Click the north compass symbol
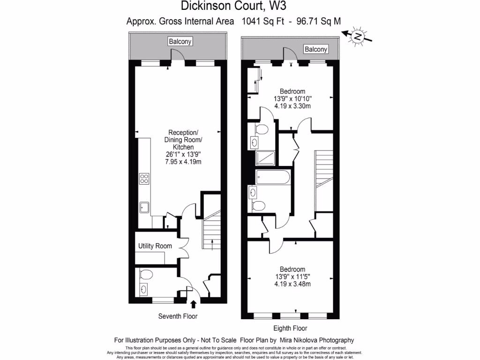(358, 36)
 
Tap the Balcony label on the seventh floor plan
(180, 42)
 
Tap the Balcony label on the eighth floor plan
(316, 49)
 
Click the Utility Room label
(155, 246)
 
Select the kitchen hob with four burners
(144, 179)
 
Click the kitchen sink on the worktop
(144, 207)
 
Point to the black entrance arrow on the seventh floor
(194, 304)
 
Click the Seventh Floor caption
(178, 316)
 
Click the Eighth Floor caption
(290, 328)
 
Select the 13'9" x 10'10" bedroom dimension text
(292, 99)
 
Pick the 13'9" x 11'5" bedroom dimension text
(292, 277)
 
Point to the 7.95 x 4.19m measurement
(183, 162)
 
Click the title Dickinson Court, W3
(233, 6)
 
